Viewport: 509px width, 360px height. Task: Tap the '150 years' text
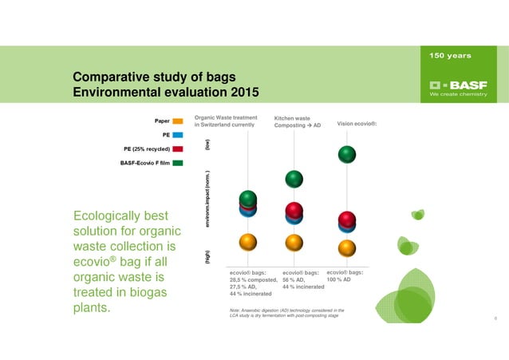[x=450, y=56]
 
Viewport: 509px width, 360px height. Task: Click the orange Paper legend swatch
[x=178, y=121]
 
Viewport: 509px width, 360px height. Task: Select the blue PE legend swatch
[x=178, y=136]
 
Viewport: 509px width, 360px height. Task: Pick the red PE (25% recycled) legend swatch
[x=178, y=149]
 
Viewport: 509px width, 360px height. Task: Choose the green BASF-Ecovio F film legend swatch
[x=178, y=163]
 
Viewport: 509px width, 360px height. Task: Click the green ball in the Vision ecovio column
[x=347, y=153]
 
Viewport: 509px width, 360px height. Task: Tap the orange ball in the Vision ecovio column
[x=346, y=247]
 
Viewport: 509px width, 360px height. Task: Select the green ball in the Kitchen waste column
[x=294, y=179]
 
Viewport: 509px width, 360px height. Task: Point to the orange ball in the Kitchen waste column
[x=294, y=242]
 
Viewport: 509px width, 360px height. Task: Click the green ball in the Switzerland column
[x=248, y=198]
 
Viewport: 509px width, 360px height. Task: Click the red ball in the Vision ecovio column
[x=346, y=219]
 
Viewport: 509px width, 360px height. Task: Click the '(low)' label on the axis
[x=207, y=146]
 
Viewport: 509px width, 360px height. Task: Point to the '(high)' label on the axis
[x=207, y=258]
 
